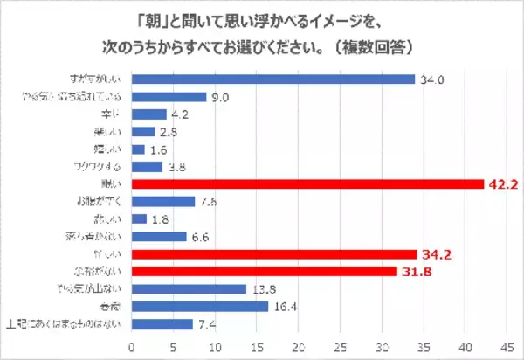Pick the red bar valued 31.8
pos(265,271)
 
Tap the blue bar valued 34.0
pos(273,79)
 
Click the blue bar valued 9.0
pos(169,96)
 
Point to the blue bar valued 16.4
pos(200,306)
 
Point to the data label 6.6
pos(200,236)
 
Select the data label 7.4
pos(206,323)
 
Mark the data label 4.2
pos(179,114)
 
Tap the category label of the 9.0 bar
pos(85,96)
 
